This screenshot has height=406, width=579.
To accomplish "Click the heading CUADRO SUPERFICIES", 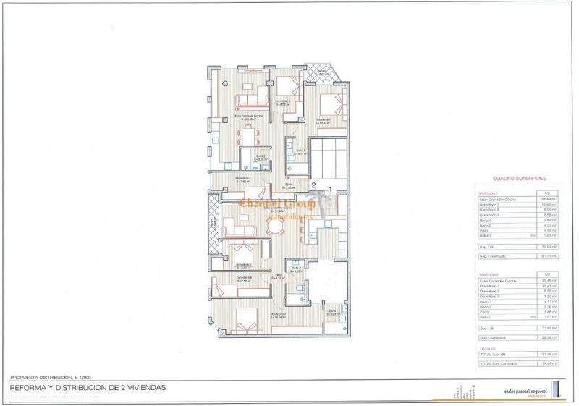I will click(519, 177).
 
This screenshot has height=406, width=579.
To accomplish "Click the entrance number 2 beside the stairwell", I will click(313, 186).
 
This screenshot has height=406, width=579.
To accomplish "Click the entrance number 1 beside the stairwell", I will click(330, 190).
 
